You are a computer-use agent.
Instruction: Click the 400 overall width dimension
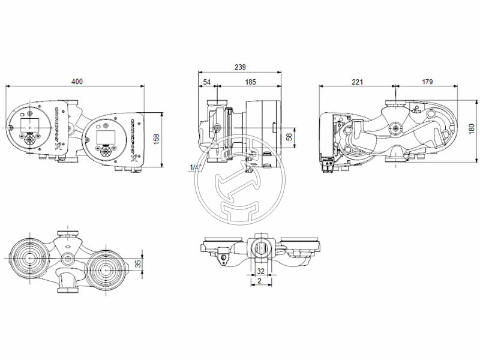76,81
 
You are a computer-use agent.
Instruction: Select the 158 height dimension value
157,139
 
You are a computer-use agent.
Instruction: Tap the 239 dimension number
240,67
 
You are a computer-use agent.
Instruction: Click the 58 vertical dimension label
290,137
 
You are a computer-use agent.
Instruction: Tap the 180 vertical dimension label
471,129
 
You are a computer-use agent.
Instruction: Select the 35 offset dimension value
138,263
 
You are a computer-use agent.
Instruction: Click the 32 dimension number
260,271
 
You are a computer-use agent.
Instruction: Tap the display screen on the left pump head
29,125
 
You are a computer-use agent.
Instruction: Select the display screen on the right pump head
105,134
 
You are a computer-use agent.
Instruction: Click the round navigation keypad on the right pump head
107,151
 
